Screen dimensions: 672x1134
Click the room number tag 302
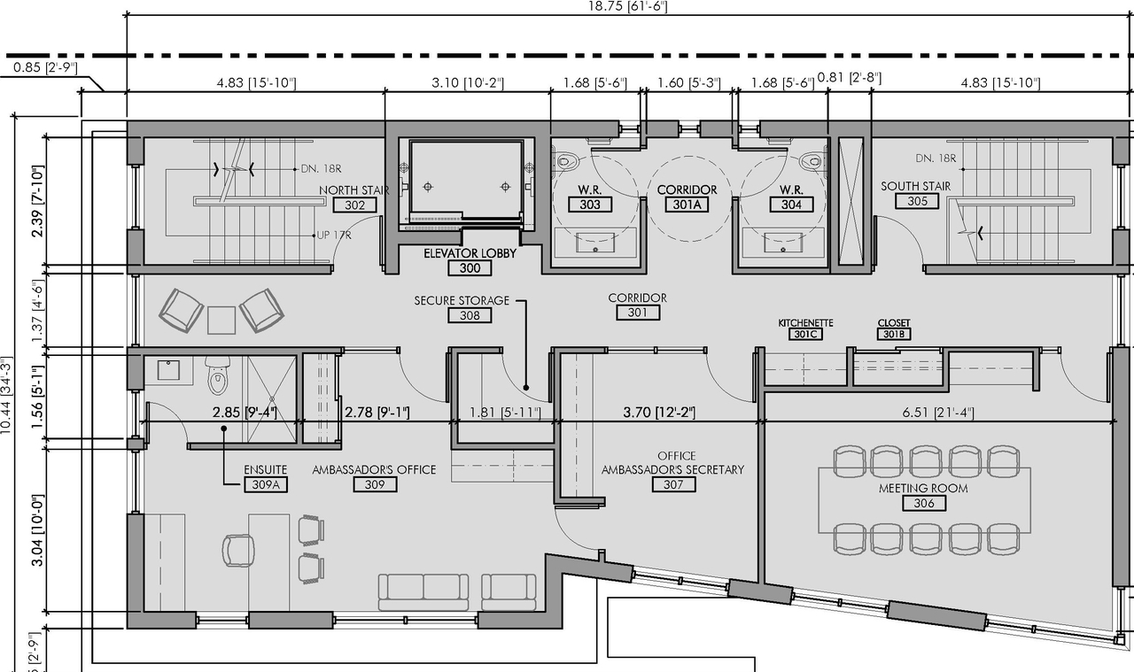[x=354, y=205]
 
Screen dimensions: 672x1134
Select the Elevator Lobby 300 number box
[x=470, y=267]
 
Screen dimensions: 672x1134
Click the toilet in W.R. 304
[x=811, y=161]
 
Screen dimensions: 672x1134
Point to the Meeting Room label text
[x=923, y=488]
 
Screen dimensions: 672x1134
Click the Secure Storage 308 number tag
[x=470, y=315]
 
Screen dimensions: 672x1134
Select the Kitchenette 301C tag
[x=805, y=335]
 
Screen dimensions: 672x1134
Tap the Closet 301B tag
[x=894, y=335]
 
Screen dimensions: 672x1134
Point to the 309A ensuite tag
[x=266, y=484]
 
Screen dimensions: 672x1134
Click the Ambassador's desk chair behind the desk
[x=237, y=550]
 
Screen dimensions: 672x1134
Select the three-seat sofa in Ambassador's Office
[x=423, y=591]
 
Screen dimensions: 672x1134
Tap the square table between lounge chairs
[x=221, y=320]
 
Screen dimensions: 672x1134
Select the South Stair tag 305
[x=917, y=201]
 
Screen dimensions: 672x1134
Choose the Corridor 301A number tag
[x=687, y=205]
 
